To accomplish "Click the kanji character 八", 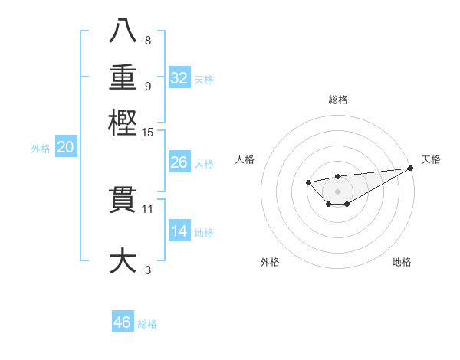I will point(123,31).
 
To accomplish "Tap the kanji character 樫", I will point(123,123).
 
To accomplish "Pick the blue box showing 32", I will point(179,78).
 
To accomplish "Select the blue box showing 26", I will point(179,162).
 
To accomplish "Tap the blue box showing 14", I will point(179,231).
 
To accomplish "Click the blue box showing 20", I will point(65,148).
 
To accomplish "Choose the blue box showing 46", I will point(123,322).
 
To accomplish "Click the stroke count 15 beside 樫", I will point(148,133).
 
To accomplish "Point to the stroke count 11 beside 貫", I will point(148,208).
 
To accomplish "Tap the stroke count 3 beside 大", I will point(148,270).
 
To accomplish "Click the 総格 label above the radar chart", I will point(337,100).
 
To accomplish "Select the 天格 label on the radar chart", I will point(431,159).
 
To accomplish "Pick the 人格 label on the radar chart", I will point(245,159).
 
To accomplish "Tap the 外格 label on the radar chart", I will point(270,262).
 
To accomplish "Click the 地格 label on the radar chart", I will point(402,262).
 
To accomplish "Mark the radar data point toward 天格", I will point(411,169).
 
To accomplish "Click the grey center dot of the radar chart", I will point(337,191).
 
